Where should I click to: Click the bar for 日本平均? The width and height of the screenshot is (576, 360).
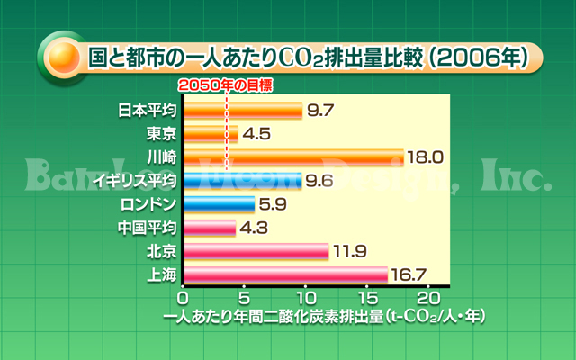pos(243,110)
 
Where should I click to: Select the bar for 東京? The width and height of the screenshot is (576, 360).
pos(211,133)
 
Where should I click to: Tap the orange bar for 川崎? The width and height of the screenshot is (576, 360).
pos(293,157)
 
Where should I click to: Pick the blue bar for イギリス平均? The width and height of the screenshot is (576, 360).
pos(242,180)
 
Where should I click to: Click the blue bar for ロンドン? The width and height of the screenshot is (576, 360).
pos(219,203)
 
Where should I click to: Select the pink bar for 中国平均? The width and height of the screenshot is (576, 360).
pos(209,227)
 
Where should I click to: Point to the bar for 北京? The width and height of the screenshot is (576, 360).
pos(256,250)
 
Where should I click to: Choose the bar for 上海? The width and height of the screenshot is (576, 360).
pos(285,274)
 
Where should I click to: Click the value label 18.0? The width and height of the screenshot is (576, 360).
pos(426,157)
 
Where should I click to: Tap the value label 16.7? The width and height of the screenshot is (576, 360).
pos(410,274)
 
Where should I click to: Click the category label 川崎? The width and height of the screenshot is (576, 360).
pos(161,157)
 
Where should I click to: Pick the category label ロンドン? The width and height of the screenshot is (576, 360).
pos(148,203)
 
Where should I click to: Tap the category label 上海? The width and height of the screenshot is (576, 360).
pos(161,274)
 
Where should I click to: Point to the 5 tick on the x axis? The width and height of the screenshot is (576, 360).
pos(245,298)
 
